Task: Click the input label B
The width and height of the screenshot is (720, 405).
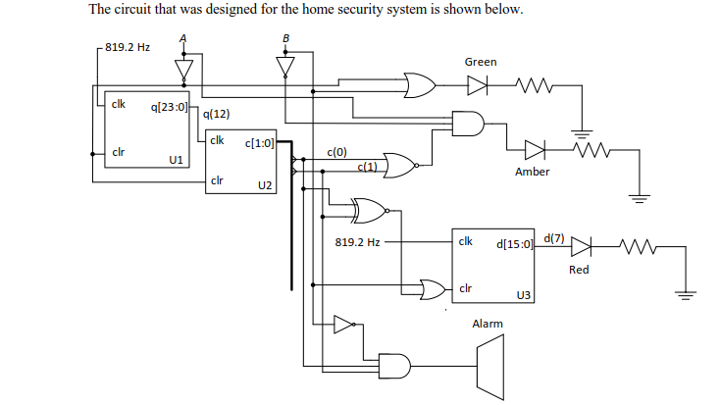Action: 285,40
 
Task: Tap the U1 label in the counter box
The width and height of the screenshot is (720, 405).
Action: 176,159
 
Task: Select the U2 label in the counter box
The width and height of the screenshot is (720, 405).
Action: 264,184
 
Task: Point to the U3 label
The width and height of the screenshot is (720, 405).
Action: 523,294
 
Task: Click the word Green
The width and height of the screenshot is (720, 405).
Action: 481,62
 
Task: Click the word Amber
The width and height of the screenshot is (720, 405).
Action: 532,172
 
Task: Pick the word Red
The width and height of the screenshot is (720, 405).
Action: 579,269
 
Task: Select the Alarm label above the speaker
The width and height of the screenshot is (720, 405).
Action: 488,324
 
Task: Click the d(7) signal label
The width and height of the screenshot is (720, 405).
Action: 553,238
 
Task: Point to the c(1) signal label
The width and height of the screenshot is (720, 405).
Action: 368,167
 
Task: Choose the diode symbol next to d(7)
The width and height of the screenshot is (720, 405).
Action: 581,246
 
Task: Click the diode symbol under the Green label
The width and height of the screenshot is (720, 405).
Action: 477,85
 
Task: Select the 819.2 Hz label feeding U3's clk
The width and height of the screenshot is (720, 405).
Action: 357,241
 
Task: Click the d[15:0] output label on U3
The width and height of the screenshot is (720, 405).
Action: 515,242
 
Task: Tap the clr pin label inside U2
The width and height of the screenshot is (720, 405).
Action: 218,180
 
